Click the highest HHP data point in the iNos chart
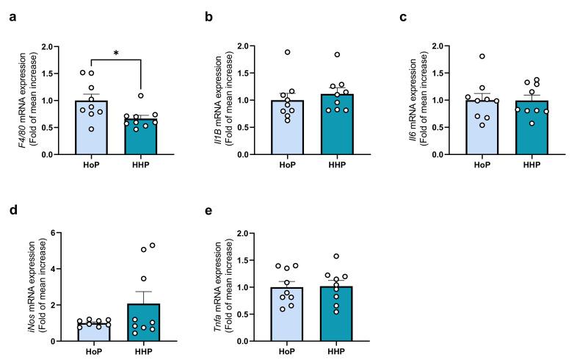click(x=152, y=245)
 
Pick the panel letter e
click(x=212, y=214)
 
